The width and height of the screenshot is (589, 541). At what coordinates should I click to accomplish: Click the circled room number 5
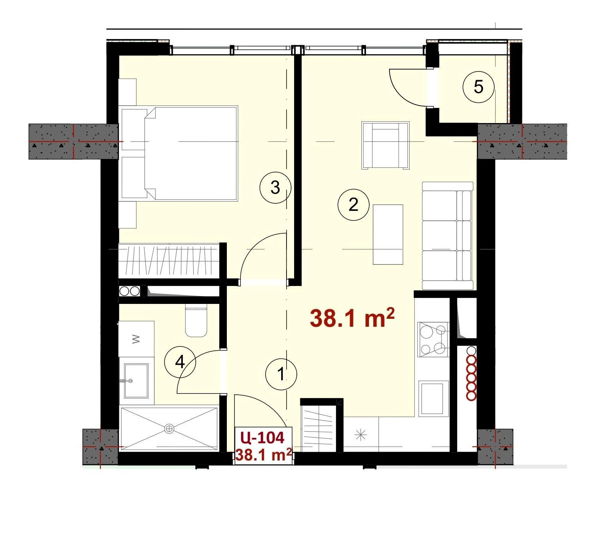(x=478, y=87)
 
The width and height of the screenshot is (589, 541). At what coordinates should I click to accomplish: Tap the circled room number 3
(x=275, y=187)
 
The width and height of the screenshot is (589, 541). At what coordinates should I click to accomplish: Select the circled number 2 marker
(x=353, y=205)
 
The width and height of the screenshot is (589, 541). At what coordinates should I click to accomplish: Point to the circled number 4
(x=180, y=362)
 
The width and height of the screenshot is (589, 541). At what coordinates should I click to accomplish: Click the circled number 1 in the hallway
(x=281, y=374)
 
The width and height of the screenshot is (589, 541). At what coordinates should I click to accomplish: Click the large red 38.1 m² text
(x=352, y=318)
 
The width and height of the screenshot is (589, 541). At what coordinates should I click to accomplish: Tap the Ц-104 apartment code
(x=263, y=438)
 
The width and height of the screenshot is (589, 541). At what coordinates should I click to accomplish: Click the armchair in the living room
(x=385, y=145)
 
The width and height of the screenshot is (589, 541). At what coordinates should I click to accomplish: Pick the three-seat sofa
(x=448, y=236)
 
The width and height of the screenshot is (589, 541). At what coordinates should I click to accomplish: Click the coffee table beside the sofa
(x=388, y=234)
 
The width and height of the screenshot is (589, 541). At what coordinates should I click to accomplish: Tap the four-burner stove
(x=433, y=339)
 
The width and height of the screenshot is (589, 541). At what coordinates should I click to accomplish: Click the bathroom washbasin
(x=136, y=381)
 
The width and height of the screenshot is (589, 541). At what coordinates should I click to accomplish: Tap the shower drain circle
(x=169, y=429)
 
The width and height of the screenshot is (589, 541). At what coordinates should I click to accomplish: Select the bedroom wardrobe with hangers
(x=169, y=261)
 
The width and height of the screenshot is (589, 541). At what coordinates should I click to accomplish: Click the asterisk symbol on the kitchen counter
(x=360, y=435)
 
